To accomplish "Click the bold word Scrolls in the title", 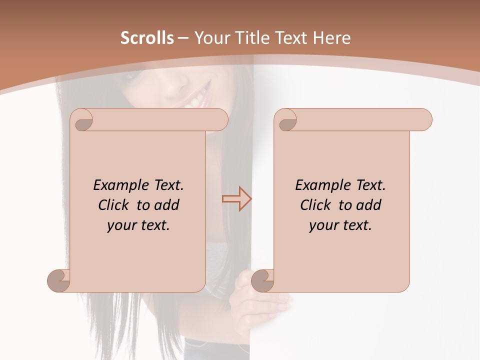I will click(147, 38).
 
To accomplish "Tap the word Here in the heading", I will click(331, 38).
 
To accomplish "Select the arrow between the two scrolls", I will click(236, 199).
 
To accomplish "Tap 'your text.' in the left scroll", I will click(138, 225).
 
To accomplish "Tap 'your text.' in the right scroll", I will click(340, 225).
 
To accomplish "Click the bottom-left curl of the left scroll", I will click(58, 281).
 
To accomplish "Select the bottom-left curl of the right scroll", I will click(262, 281).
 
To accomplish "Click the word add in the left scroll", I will click(166, 205).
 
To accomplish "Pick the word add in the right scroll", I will click(368, 205).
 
